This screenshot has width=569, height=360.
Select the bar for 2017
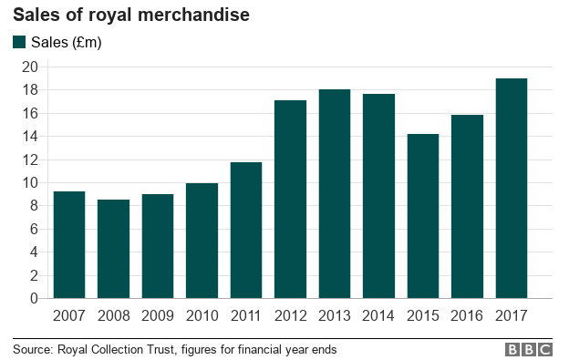click(x=511, y=189)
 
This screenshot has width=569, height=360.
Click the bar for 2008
click(x=113, y=249)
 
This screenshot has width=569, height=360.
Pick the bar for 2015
click(x=422, y=216)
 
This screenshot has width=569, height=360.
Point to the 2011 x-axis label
click(x=245, y=315)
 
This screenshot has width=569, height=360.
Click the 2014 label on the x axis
click(x=378, y=315)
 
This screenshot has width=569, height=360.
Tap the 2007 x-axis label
click(x=69, y=315)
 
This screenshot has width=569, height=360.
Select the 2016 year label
click(x=467, y=315)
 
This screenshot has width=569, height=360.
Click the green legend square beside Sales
click(x=19, y=42)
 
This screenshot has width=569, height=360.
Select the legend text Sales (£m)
click(x=66, y=42)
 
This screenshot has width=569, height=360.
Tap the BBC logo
click(x=529, y=349)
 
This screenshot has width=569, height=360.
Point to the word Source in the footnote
click(x=32, y=349)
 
